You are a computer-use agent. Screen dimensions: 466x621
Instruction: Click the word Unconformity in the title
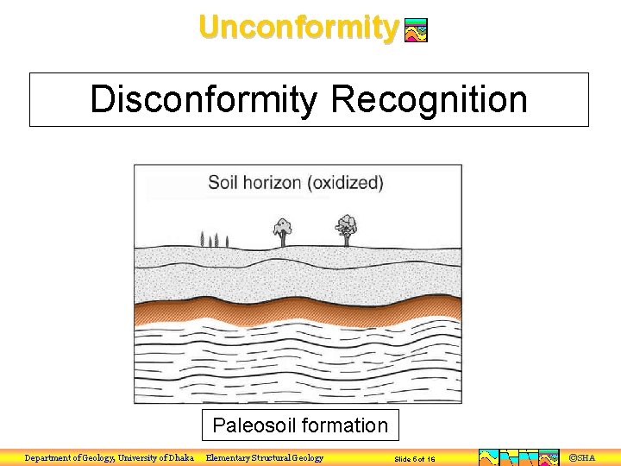click(298, 27)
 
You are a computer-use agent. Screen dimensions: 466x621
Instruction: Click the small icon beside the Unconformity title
click(416, 31)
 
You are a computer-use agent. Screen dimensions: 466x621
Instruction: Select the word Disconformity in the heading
click(204, 99)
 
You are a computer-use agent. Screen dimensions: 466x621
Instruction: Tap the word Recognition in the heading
click(429, 99)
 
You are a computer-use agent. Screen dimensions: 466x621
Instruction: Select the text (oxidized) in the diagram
click(347, 183)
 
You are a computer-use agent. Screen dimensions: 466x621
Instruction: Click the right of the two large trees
click(347, 228)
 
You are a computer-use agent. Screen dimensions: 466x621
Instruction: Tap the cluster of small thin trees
click(214, 239)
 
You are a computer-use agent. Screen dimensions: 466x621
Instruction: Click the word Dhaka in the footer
click(179, 458)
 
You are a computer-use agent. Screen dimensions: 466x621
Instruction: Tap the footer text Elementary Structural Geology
click(265, 458)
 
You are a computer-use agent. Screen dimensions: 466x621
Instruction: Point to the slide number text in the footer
click(414, 459)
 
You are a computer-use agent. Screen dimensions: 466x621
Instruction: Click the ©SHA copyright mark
click(582, 458)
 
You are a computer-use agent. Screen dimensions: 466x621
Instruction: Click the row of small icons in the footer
click(518, 457)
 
